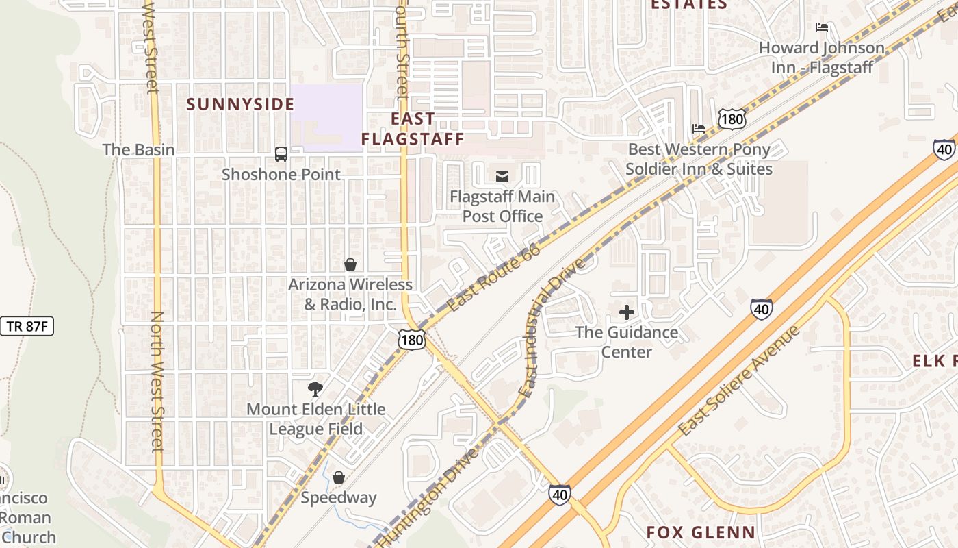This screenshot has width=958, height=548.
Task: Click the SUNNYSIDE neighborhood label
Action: click(240, 104)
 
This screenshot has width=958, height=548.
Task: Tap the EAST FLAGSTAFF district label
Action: click(413, 129)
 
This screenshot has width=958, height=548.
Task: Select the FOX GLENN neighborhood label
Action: click(701, 532)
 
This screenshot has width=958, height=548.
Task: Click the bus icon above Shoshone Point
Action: click(281, 154)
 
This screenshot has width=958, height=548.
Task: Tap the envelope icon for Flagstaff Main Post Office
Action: click(502, 177)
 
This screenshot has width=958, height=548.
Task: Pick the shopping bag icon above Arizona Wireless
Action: click(350, 264)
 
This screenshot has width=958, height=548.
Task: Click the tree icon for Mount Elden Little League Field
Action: click(315, 389)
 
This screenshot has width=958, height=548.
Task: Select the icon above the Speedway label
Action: click(339, 477)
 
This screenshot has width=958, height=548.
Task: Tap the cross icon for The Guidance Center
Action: click(626, 313)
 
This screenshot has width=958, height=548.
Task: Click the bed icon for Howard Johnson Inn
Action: click(822, 27)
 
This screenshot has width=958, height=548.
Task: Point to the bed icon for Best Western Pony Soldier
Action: click(698, 129)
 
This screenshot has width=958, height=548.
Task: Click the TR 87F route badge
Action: click(27, 326)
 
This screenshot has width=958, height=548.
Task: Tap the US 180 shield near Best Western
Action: click(732, 119)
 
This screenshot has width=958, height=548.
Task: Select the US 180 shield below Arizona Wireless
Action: click(413, 338)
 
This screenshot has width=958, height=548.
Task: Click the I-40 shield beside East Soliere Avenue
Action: click(761, 310)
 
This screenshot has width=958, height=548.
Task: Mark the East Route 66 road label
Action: click(494, 277)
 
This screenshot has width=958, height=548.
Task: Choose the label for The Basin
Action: click(138, 149)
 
